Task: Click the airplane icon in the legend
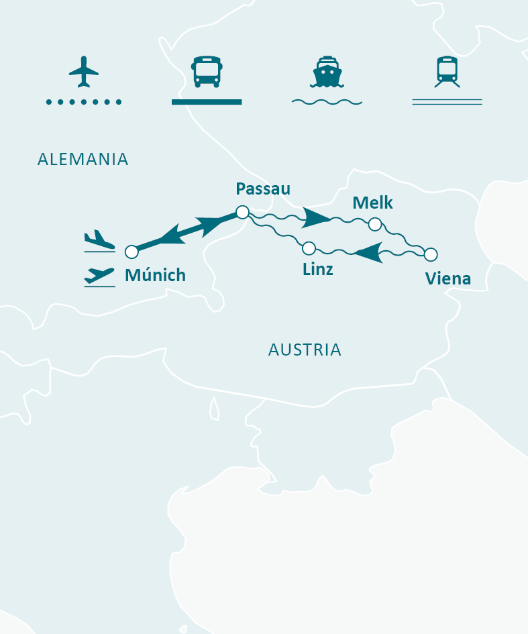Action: click(84, 71)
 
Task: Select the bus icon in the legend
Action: click(206, 72)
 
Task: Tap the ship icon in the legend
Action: click(327, 72)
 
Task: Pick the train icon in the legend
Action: click(447, 71)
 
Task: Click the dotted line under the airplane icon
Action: click(84, 102)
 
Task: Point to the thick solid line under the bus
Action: click(206, 102)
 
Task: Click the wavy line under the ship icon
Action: click(327, 102)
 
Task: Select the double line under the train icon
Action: click(447, 102)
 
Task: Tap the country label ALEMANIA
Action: click(83, 159)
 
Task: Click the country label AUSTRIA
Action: click(305, 350)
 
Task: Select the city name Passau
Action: click(263, 189)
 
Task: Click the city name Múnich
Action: click(155, 274)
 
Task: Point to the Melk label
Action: click(372, 203)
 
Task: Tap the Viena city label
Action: click(448, 278)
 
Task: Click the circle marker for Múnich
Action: click(131, 252)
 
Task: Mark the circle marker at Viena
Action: click(431, 254)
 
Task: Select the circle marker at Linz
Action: click(309, 248)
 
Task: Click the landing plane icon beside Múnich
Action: click(99, 240)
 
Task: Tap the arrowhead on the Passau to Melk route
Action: click(315, 217)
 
